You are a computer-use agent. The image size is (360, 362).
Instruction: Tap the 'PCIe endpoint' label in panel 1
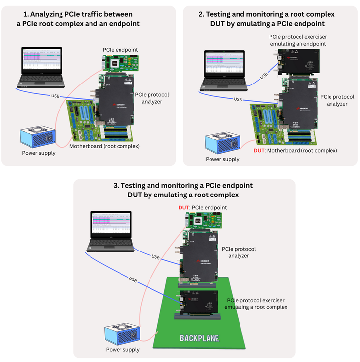click(120, 50)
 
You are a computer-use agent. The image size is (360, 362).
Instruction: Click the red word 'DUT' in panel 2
click(259, 150)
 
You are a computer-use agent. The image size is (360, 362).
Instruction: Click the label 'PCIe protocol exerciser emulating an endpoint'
click(298, 40)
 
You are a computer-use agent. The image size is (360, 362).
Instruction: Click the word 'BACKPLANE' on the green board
click(199, 338)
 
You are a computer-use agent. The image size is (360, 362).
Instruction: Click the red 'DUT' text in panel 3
click(184, 208)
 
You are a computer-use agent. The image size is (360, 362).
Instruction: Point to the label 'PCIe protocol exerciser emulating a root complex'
click(255, 304)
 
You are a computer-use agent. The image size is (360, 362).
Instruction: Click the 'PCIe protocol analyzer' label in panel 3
click(239, 252)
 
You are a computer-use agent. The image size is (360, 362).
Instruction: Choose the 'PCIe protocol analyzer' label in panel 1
click(148, 98)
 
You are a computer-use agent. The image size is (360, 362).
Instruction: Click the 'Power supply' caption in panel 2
click(222, 159)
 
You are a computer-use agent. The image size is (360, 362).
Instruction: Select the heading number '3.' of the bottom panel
click(117, 186)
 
